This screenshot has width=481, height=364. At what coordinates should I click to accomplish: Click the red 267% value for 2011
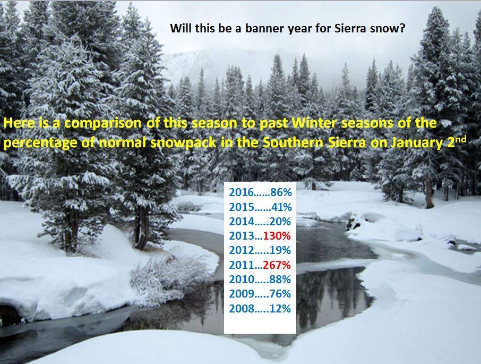pyautogui.click(x=277, y=265)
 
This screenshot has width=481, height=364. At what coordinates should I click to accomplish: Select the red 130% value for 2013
pyautogui.click(x=277, y=236)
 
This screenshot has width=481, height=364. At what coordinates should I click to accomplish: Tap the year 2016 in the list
pyautogui.click(x=242, y=192)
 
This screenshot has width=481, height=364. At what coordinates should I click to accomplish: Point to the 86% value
pyautogui.click(x=281, y=192)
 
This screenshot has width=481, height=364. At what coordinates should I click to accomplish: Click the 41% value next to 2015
pyautogui.click(x=281, y=207)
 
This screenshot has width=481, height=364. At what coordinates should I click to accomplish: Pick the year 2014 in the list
pyautogui.click(x=242, y=221)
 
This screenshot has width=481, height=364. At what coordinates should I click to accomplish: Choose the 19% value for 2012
pyautogui.click(x=280, y=250)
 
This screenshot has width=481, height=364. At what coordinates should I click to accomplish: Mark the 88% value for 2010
pyautogui.click(x=280, y=280)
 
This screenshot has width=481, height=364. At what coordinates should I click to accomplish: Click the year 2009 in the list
pyautogui.click(x=242, y=294)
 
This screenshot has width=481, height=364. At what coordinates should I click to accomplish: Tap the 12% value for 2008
pyautogui.click(x=280, y=308)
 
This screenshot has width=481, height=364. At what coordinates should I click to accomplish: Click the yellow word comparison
pyautogui.click(x=103, y=123)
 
